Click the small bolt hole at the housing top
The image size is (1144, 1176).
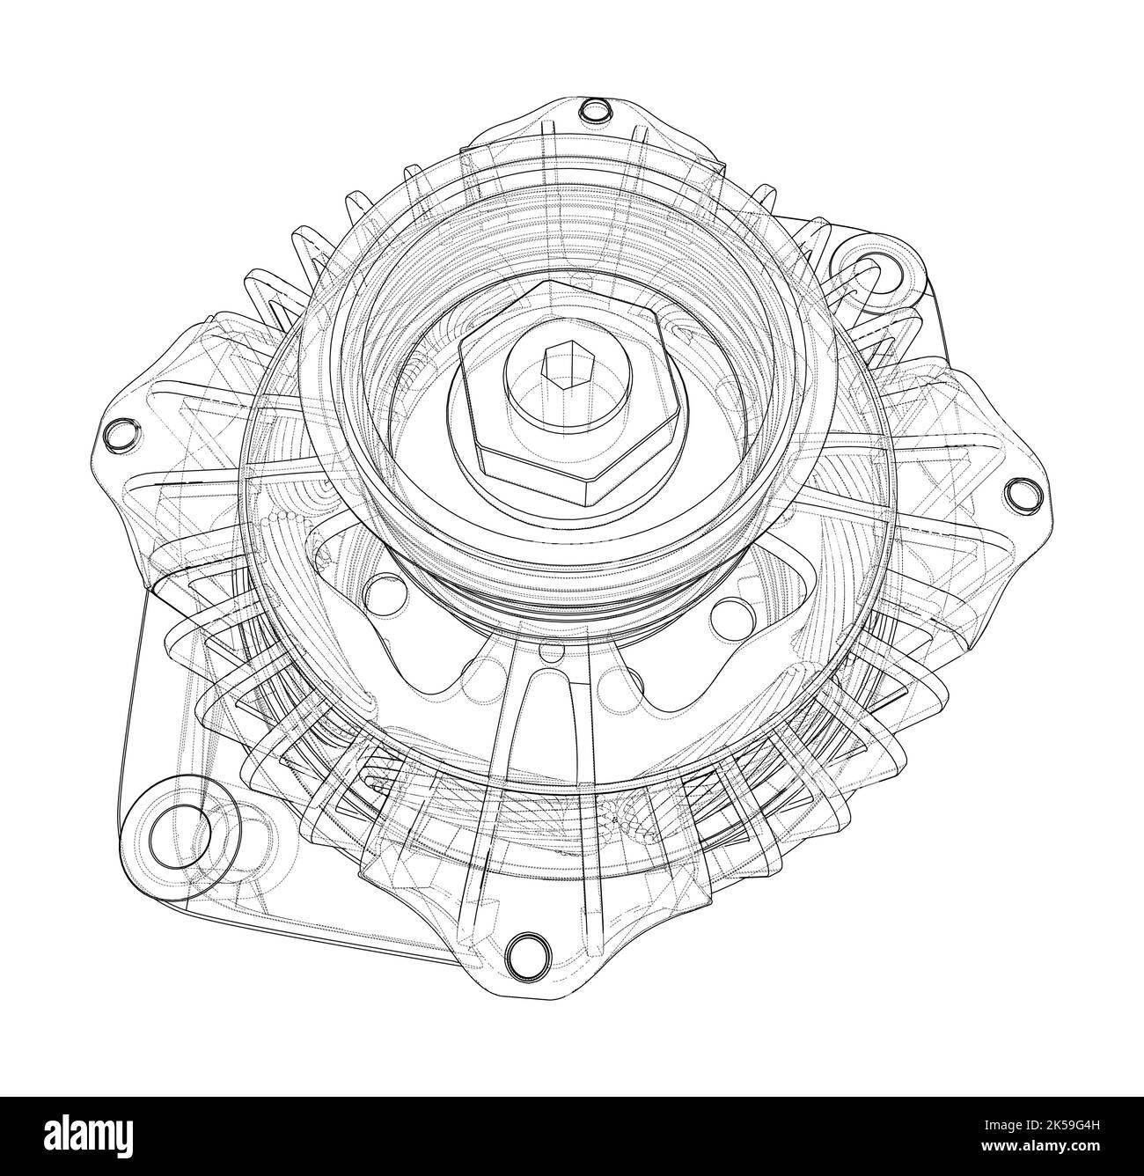tap(596, 112)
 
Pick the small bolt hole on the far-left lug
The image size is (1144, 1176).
tap(118, 434)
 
